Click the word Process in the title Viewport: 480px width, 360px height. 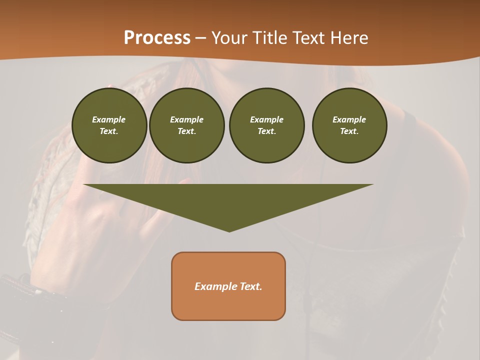[157, 38]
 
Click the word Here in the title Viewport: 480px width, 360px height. [349, 38]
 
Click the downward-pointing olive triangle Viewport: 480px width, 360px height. [228, 200]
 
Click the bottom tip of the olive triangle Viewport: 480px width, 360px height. [229, 230]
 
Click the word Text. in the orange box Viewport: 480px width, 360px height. [250, 286]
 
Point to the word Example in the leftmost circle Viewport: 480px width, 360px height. [109, 119]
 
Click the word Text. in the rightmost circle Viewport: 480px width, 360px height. [349, 131]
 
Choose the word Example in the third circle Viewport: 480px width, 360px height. [266, 119]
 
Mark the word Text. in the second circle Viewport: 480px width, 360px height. [186, 131]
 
